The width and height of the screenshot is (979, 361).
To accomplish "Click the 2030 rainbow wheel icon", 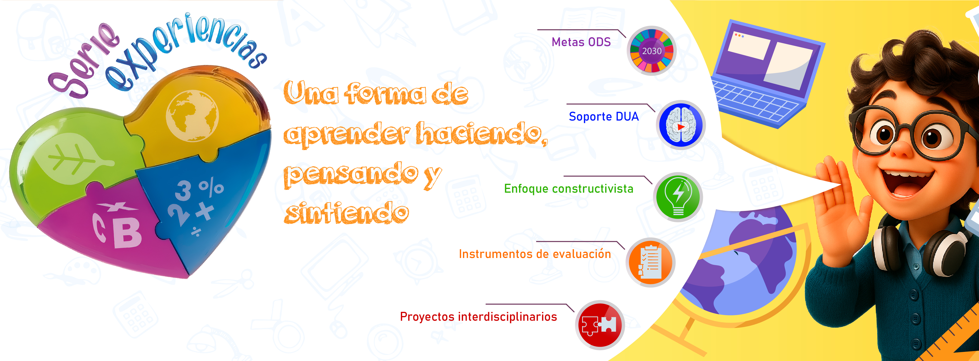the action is [x=651, y=51].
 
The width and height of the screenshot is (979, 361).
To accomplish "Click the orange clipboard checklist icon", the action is [x=650, y=262].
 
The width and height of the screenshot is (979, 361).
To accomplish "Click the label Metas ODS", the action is [x=581, y=42].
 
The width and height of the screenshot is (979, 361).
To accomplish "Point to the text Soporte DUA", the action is [x=604, y=116].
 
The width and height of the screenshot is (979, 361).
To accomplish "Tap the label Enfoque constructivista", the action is [x=568, y=189].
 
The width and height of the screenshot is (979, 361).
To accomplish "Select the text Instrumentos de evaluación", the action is [x=535, y=254].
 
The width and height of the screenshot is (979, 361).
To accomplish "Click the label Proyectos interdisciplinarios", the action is [x=478, y=317].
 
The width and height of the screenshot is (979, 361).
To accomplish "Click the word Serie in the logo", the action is [x=82, y=63].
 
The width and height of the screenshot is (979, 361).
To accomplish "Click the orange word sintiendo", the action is [x=346, y=213].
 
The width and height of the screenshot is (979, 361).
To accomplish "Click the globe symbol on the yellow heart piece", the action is [x=192, y=116].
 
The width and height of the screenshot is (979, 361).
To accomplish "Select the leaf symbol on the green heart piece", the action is [x=72, y=159].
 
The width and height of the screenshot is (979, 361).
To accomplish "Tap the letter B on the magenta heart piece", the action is [x=127, y=234].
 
